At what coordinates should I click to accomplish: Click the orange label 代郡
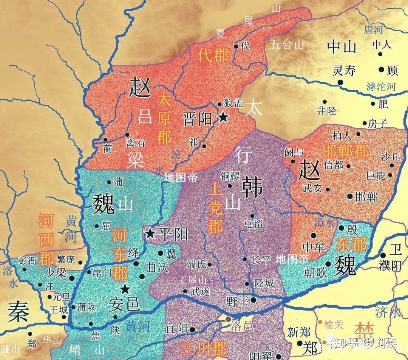click(x=213, y=55)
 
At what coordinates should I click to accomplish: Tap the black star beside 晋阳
click(x=223, y=117)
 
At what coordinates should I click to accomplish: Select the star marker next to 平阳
click(x=150, y=233)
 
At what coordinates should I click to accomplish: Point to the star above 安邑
click(x=125, y=289)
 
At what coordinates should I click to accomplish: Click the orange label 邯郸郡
click(x=345, y=151)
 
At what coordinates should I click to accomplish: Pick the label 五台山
click(x=287, y=45)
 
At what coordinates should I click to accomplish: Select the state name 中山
click(x=342, y=47)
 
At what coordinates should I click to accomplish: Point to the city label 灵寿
click(x=344, y=71)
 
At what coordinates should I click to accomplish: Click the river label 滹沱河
click(x=381, y=87)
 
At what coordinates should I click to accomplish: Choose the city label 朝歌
click(x=316, y=273)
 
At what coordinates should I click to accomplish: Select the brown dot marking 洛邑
click(x=228, y=319)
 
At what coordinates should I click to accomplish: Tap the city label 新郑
click(x=299, y=332)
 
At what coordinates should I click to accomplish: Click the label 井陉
click(x=326, y=111)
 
